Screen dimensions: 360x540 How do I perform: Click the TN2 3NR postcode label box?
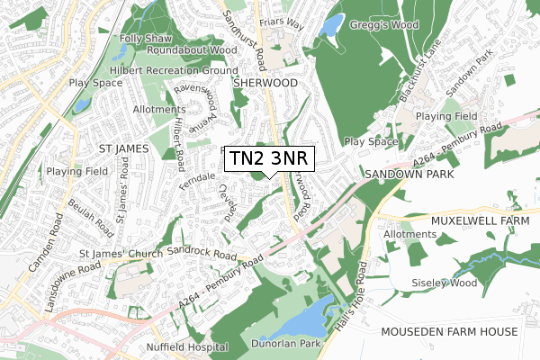pos(268,157)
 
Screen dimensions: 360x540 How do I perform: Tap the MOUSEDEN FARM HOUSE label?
pos(461,331)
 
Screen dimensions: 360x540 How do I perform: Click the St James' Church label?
pos(121,254)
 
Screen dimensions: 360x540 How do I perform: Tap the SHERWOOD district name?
pos(265,82)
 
